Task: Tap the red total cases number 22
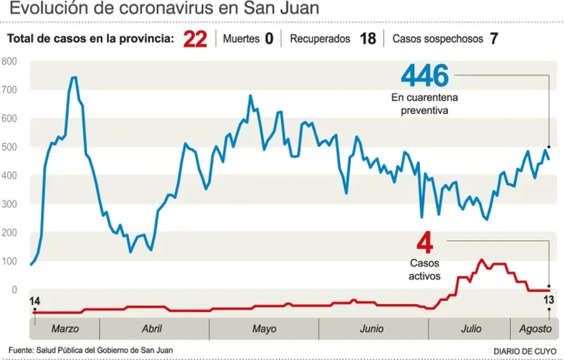[195, 40]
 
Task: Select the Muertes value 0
[269, 40]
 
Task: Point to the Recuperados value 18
[368, 40]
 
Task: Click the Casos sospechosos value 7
[493, 40]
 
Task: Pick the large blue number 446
[424, 75]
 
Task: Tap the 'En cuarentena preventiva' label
[424, 104]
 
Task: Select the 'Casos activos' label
[424, 270]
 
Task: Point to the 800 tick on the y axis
[10, 61]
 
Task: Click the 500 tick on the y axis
[10, 147]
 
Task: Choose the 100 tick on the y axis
[10, 261]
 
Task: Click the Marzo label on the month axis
[65, 329]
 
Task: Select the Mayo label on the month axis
[264, 329]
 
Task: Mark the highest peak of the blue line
[73, 77]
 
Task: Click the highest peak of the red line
[481, 260]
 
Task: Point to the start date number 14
[34, 301]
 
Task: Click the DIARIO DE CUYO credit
[524, 350]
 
